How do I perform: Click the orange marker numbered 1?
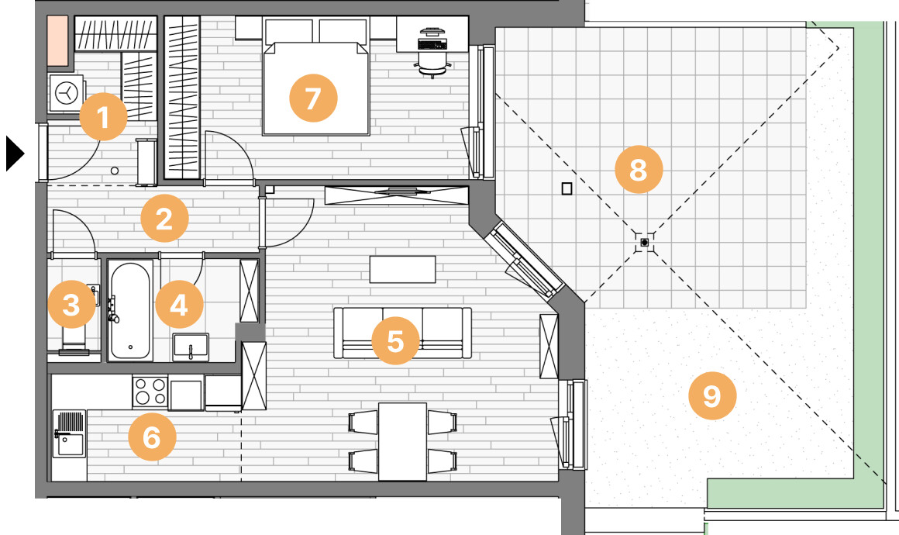coord(103,116)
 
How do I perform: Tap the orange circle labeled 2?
coord(164,219)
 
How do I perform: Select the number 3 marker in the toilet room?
coord(71,305)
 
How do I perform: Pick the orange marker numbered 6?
coord(152,437)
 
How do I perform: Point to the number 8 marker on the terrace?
coord(639,169)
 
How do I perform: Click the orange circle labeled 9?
coord(712,395)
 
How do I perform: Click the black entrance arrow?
coord(15,153)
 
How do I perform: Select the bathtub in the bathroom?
coord(131,311)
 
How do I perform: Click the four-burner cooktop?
coord(150,391)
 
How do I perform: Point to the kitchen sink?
coord(70,434)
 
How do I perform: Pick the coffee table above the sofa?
coord(402,270)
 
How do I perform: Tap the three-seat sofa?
coord(402,333)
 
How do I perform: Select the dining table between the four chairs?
coord(402,441)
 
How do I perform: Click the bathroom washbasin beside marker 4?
coord(191,347)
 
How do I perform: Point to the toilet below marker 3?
coord(74,340)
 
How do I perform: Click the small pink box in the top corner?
coord(58,41)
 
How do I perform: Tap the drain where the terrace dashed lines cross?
coord(645,243)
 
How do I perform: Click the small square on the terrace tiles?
coord(567,188)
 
